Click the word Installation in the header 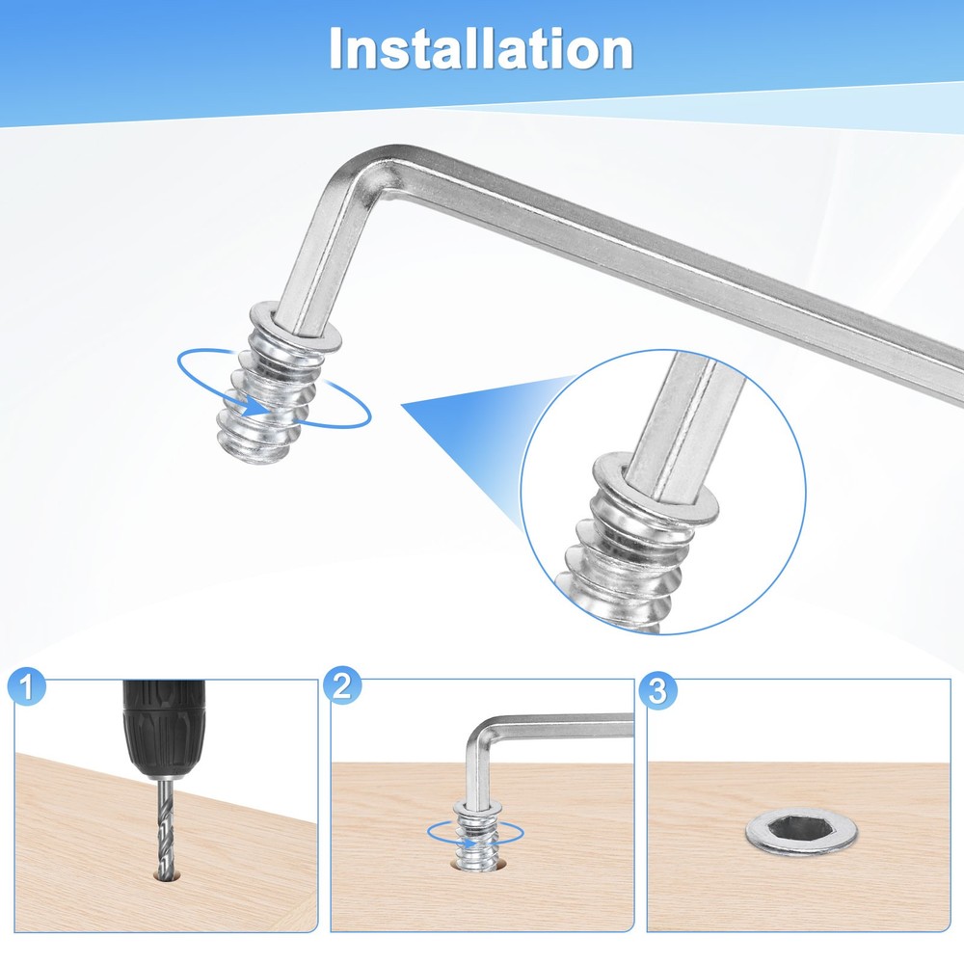pyautogui.click(x=481, y=48)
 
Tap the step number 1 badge pyautogui.click(x=27, y=686)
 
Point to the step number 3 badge pyautogui.click(x=657, y=690)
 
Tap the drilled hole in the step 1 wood pyautogui.click(x=166, y=874)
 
